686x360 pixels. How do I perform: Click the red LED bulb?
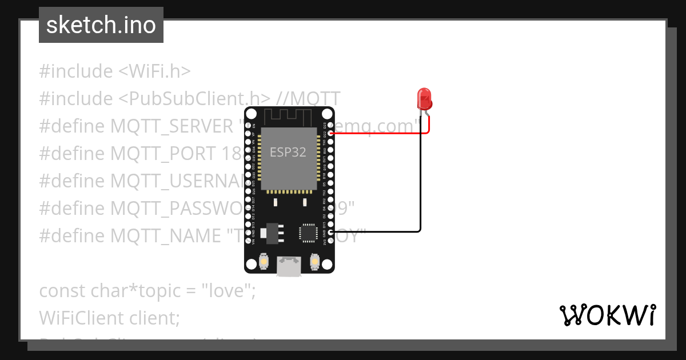tap(424, 98)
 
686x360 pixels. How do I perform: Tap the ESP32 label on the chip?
tap(288, 153)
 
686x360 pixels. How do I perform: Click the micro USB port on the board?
tap(289, 266)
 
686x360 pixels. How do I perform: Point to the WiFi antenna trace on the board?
tap(289, 117)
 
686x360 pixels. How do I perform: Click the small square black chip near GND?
tap(308, 233)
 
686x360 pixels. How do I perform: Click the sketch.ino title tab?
tap(101, 25)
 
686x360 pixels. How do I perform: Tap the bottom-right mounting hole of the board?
tap(327, 265)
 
